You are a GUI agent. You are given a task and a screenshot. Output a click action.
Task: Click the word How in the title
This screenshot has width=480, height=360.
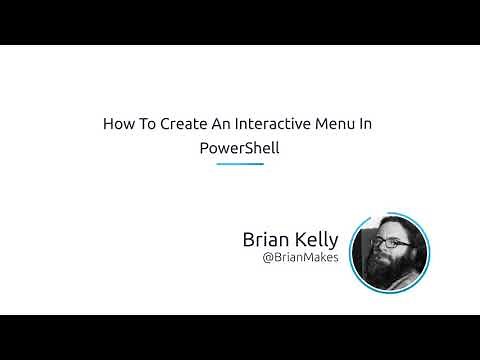click(117, 126)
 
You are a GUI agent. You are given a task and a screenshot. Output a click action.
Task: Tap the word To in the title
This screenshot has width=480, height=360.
click(144, 126)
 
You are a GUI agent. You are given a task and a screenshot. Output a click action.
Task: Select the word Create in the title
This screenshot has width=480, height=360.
click(179, 126)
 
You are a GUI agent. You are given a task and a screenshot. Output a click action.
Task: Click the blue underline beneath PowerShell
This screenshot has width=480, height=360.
click(240, 163)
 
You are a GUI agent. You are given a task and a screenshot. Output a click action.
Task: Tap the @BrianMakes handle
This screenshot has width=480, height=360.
click(300, 258)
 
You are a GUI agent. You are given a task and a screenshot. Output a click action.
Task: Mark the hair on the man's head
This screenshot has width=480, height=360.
click(390, 223)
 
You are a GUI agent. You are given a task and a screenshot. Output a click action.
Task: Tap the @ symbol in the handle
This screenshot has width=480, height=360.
click(267, 258)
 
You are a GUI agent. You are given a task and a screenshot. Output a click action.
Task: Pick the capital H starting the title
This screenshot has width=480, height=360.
click(108, 126)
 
